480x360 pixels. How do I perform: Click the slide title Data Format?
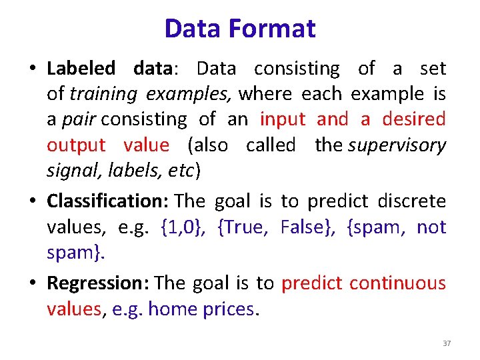click(x=240, y=29)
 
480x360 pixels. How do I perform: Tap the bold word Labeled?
click(x=81, y=69)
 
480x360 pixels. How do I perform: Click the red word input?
click(x=283, y=119)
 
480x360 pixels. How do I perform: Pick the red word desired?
click(x=413, y=119)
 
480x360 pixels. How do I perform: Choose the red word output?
click(x=76, y=145)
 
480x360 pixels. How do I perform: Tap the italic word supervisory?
click(x=396, y=145)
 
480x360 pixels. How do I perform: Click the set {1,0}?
click(x=183, y=227)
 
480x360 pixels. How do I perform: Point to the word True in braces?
click(x=245, y=227)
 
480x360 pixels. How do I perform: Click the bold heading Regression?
click(x=98, y=283)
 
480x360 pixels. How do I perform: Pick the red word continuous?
click(x=397, y=283)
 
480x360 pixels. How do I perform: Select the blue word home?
click(x=169, y=309)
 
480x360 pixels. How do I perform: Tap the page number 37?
click(x=447, y=343)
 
